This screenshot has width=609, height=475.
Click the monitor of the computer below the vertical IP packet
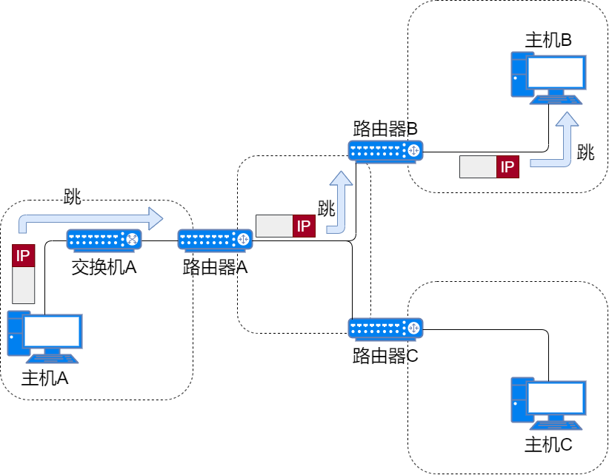tap(52, 331)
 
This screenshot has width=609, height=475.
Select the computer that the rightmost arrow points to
tap(548, 77)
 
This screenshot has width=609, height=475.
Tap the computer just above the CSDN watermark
tap(548, 402)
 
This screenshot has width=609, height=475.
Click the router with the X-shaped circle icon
tap(104, 240)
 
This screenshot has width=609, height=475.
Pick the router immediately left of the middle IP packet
tap(215, 240)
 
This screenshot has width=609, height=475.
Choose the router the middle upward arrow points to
tap(385, 151)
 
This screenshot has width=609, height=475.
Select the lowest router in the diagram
tap(385, 329)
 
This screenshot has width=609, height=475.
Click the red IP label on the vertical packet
tap(24, 256)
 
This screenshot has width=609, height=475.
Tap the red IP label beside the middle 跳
tap(304, 226)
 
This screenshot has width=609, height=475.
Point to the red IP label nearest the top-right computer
tap(507, 167)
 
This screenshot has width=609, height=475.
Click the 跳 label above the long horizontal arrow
tap(73, 197)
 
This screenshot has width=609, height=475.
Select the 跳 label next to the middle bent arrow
tap(327, 209)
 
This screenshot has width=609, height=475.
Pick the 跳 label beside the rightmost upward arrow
tap(586, 152)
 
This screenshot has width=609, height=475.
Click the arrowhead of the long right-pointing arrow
tap(155, 218)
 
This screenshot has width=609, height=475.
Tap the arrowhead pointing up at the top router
tap(341, 178)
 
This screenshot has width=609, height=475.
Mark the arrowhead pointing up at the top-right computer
tap(568, 119)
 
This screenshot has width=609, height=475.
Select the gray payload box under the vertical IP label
tap(24, 285)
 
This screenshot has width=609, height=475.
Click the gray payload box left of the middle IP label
tap(274, 226)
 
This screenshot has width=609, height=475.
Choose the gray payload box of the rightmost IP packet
tap(478, 167)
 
